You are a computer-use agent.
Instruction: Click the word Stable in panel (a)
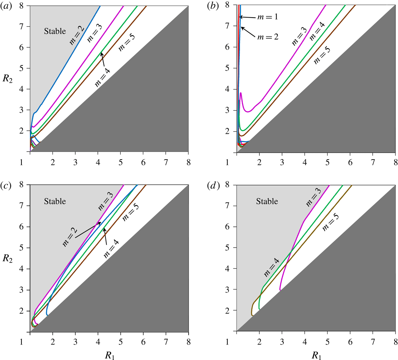pos(55,31)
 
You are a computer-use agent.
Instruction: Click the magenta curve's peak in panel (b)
pos(241,93)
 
